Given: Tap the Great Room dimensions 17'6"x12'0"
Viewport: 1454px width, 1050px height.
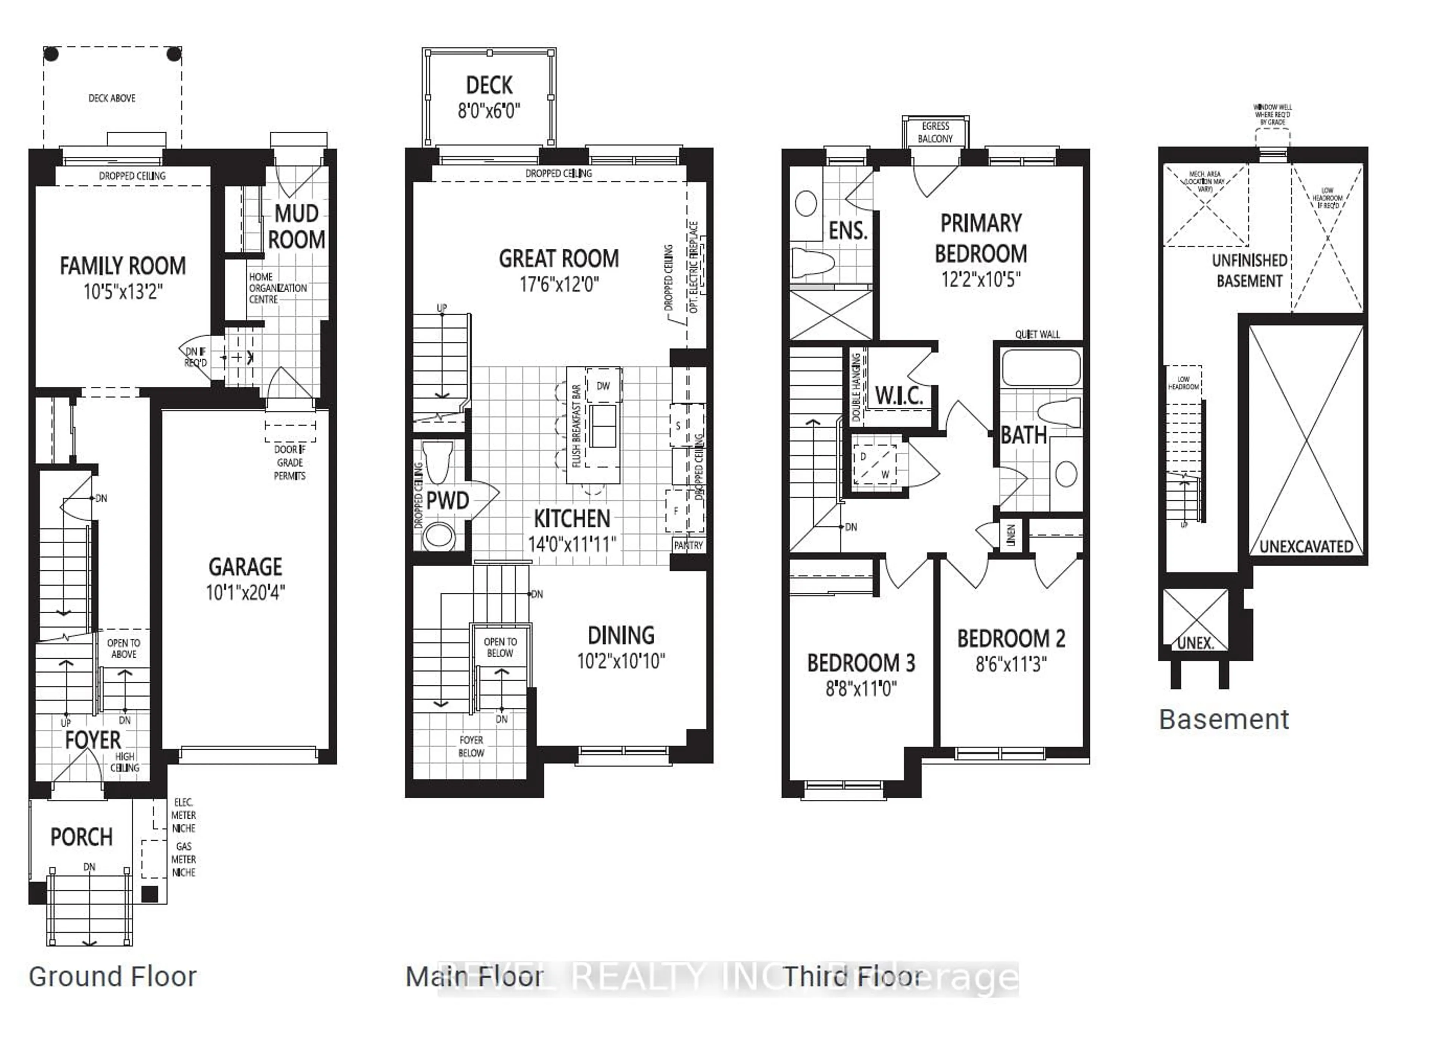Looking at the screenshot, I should [x=559, y=284].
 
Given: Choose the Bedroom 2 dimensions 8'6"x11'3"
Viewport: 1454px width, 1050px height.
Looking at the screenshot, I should [x=1011, y=664].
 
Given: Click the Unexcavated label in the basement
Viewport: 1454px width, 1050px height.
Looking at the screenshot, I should [x=1306, y=546].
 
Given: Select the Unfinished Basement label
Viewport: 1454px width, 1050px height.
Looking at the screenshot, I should [x=1249, y=271].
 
